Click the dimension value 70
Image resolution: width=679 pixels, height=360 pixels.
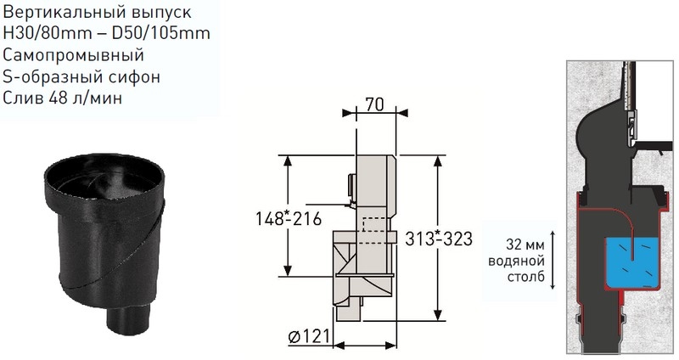click(x=374, y=104)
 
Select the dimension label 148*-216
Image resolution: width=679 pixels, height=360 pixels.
click(x=289, y=218)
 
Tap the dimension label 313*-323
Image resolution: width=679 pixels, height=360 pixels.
click(x=439, y=239)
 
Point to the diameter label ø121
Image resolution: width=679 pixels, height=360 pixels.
click(x=309, y=336)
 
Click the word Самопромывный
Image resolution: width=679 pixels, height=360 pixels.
click(x=73, y=55)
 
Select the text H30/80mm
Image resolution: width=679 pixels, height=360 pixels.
click(x=48, y=33)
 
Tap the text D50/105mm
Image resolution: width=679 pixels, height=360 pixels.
click(x=161, y=33)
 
